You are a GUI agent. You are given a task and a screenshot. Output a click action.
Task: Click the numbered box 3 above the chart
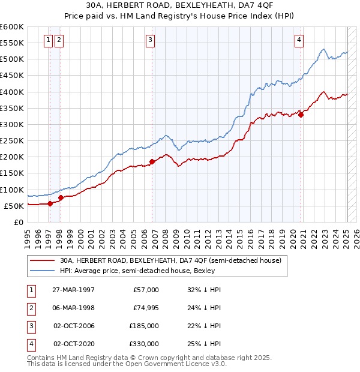tap(150, 40)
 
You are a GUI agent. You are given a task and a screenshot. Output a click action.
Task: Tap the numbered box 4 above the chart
tap(299, 40)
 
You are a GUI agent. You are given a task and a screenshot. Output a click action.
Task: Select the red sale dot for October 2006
tap(152, 161)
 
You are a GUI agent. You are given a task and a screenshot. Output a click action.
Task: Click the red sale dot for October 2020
tap(301, 115)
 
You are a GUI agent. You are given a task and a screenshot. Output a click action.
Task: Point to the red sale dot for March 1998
tap(61, 197)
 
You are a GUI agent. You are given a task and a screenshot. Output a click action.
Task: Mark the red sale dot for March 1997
tap(50, 203)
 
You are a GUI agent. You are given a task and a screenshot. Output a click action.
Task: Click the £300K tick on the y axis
tap(12, 124)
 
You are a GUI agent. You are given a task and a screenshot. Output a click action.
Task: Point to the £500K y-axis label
tap(12, 59)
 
